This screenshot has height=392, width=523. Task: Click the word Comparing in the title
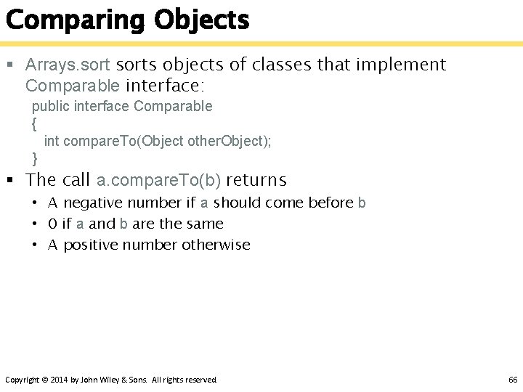tap(76, 20)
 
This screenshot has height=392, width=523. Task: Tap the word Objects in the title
tap(201, 20)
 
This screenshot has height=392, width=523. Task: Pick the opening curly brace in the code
tap(34, 123)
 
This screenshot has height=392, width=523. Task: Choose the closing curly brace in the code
tap(34, 158)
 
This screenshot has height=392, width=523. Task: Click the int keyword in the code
tap(52, 141)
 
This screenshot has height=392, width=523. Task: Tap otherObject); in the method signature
tap(230, 141)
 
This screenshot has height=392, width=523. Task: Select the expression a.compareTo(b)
tap(158, 180)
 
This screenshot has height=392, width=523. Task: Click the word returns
tap(256, 180)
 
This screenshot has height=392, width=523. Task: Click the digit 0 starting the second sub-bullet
tap(52, 224)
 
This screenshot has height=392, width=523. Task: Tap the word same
tap(206, 224)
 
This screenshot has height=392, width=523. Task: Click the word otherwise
tap(216, 245)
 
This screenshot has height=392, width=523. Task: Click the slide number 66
tap(513, 380)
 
